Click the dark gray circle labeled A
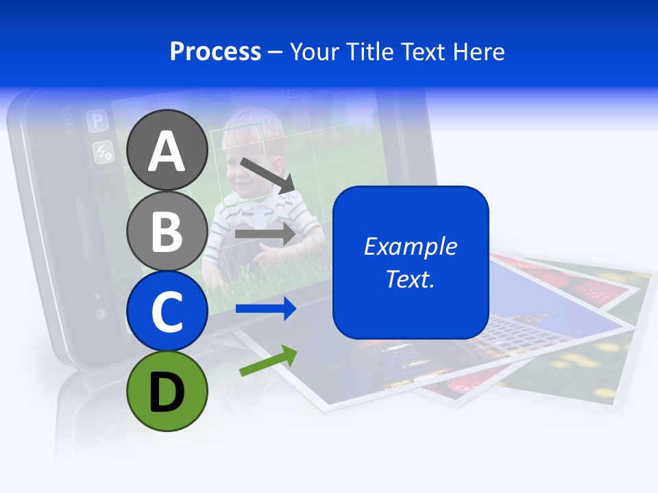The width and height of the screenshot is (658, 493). coord(167,150)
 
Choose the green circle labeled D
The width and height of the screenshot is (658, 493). coord(167,391)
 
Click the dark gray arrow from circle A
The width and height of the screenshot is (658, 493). coord(267,175)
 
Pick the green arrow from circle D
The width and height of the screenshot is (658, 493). coord(268,361)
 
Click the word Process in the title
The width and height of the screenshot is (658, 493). coord(215,51)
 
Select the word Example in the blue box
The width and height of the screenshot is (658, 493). coord(410,246)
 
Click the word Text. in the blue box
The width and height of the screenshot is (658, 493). coord(410,279)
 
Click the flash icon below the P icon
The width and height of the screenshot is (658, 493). coord(103,152)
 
